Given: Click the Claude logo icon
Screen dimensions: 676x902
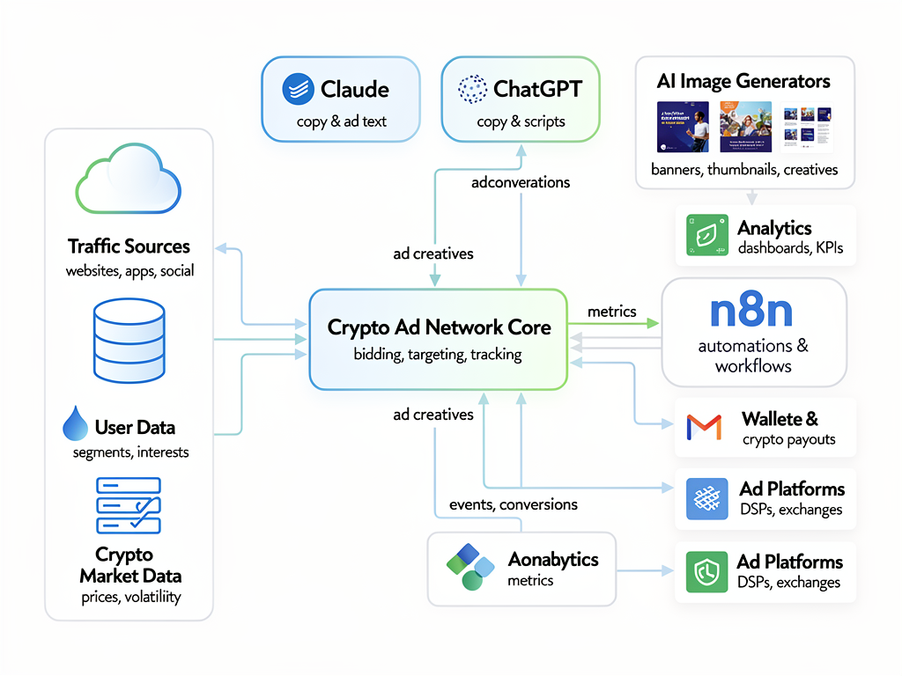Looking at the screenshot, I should pos(298,90).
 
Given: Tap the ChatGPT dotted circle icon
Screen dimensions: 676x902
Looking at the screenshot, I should pos(472,90).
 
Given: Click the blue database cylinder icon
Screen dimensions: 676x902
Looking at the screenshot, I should pos(129,340).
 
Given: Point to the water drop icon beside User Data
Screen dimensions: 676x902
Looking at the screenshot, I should pos(75,424).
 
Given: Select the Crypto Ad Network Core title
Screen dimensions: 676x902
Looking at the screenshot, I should pos(439,327).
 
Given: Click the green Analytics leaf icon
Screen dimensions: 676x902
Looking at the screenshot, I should pos(706,236).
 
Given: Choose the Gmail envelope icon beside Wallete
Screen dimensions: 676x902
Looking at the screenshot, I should pos(704,428).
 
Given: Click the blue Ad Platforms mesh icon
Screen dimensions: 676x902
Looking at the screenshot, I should pos(706,500).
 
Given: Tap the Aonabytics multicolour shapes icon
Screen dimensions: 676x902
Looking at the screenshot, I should pos(469,567).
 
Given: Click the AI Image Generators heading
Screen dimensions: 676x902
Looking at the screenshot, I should pos(743,82).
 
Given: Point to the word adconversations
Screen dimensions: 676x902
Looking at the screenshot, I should pos(521,182).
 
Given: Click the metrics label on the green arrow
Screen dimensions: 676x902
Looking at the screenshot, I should pos(611,312).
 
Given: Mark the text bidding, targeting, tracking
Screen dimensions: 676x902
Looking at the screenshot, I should pos(438,355).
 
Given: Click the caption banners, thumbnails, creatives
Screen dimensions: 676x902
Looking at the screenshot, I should pos(744,169).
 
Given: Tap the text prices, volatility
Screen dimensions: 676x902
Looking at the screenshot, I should pos(129,597).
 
